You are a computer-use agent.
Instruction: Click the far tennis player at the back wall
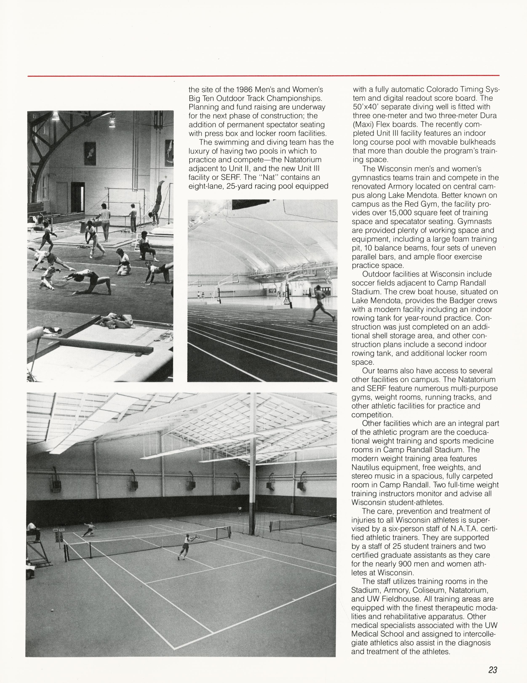pos(240,510)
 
